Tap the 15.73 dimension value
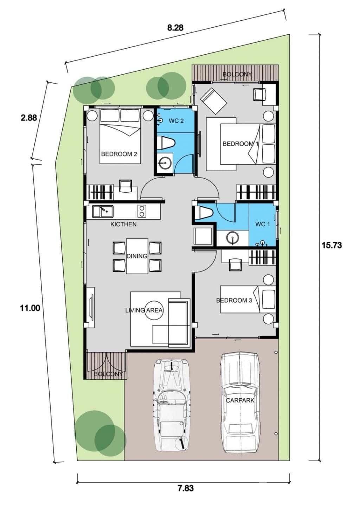(332, 245)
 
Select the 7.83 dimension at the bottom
(185, 488)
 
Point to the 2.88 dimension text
(29, 118)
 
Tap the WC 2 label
(176, 121)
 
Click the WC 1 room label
(262, 224)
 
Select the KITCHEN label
(123, 224)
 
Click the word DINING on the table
(137, 256)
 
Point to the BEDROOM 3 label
(234, 300)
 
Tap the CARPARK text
(240, 400)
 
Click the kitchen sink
(103, 211)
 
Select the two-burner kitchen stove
(142, 211)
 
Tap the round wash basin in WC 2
(163, 163)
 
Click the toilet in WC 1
(204, 213)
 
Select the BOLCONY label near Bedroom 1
(237, 74)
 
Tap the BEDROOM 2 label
(119, 154)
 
